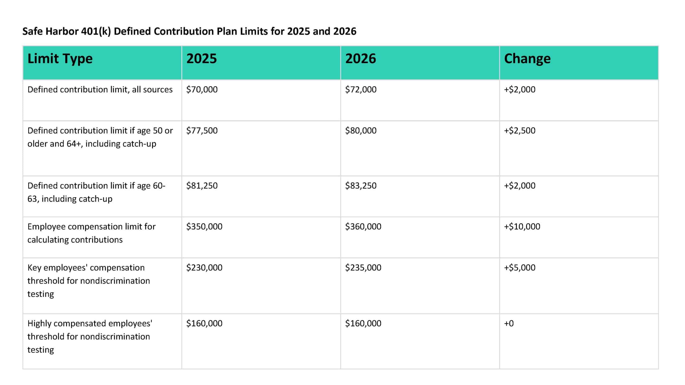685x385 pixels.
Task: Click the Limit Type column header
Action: click(60, 59)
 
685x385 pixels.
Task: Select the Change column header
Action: click(527, 59)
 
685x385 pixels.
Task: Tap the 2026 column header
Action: click(360, 59)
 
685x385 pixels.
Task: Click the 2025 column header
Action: click(201, 59)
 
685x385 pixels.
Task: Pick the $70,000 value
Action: click(202, 89)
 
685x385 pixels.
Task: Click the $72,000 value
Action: click(361, 89)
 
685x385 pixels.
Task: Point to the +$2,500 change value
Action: click(520, 130)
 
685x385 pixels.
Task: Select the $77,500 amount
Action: click(202, 130)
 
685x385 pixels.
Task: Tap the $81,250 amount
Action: click(202, 186)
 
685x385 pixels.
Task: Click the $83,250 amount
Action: click(361, 186)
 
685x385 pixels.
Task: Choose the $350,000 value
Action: click(204, 226)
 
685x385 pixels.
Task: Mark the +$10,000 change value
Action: click(522, 226)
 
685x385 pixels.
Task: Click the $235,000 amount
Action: click(363, 268)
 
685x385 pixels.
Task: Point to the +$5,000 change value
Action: click(520, 268)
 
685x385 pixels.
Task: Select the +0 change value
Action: click(509, 324)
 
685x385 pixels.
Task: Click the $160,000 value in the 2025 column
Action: click(204, 324)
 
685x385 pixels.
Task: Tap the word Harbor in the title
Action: click(62, 32)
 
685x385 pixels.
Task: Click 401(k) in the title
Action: click(96, 32)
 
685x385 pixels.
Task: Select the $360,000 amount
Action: click(363, 226)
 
